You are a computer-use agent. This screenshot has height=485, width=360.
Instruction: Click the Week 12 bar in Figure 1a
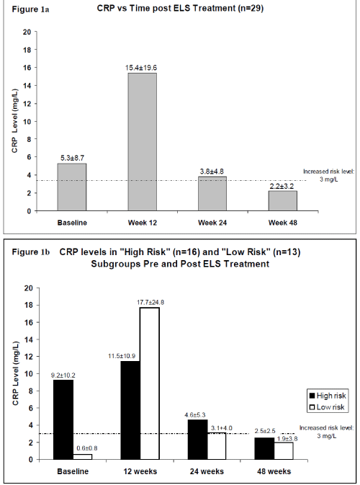pyautogui.click(x=143, y=142)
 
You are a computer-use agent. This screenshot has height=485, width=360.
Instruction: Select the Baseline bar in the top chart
pyautogui.click(x=72, y=187)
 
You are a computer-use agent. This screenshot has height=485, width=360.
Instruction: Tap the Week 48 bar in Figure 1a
pyautogui.click(x=283, y=201)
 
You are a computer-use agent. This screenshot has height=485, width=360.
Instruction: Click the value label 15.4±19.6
pyautogui.click(x=141, y=68)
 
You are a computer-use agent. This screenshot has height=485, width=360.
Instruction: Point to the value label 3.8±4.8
pyautogui.click(x=212, y=172)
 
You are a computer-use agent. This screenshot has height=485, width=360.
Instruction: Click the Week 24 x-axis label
pyautogui.click(x=212, y=223)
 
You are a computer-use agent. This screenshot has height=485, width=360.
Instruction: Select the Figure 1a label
pyautogui.click(x=30, y=9)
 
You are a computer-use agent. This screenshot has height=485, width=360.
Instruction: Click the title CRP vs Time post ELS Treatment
pyautogui.click(x=180, y=8)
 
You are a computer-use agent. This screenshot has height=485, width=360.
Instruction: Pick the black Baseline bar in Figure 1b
pyautogui.click(x=63, y=419)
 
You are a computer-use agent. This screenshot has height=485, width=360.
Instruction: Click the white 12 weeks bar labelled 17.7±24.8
pyautogui.click(x=150, y=383)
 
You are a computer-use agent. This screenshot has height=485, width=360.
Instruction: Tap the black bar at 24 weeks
pyautogui.click(x=197, y=440)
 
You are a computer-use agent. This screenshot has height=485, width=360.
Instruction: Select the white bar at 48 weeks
pyautogui.click(x=284, y=451)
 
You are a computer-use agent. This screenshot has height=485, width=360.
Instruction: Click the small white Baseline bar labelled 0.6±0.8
pyautogui.click(x=83, y=457)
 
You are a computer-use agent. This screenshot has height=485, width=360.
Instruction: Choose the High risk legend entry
pyautogui.click(x=328, y=396)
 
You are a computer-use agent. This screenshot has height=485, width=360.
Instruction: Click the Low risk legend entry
pyautogui.click(x=327, y=407)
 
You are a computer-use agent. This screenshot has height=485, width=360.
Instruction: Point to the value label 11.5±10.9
pyautogui.click(x=122, y=356)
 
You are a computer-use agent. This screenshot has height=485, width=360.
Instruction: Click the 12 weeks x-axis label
pyautogui.click(x=140, y=471)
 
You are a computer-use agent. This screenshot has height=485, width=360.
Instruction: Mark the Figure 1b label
pyautogui.click(x=30, y=252)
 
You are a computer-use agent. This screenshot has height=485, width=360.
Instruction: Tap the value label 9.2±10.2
pyautogui.click(x=63, y=375)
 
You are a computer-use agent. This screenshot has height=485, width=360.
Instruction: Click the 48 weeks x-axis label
pyautogui.click(x=274, y=471)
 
